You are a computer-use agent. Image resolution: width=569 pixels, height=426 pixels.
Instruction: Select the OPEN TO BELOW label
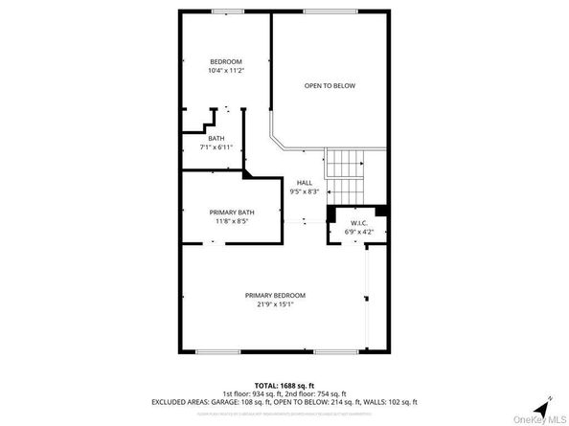(x=330, y=86)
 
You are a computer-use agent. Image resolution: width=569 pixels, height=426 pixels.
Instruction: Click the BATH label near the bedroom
(x=216, y=139)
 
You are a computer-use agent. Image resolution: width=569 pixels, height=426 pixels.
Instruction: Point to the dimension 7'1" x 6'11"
(x=216, y=147)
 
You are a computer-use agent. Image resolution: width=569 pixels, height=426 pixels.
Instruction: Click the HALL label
(x=304, y=183)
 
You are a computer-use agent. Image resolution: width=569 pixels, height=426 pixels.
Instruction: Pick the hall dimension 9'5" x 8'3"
(x=304, y=191)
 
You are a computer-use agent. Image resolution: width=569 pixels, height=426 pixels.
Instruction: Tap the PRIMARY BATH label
(x=232, y=212)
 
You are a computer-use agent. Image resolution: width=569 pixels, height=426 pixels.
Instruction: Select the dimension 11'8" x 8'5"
(x=232, y=220)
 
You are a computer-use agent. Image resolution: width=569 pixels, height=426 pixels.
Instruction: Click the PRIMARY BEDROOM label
(x=275, y=296)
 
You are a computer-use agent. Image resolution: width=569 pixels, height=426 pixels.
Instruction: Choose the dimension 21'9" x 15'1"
(x=275, y=305)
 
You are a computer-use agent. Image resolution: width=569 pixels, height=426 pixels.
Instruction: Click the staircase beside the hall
(x=344, y=164)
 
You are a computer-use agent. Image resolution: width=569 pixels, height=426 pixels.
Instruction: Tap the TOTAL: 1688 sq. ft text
(x=284, y=385)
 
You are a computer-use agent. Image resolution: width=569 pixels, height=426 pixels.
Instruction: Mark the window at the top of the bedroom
(x=226, y=11)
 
